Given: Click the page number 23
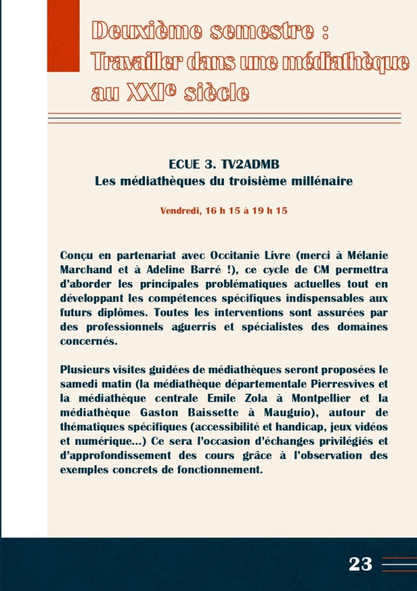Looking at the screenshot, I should tap(361, 564).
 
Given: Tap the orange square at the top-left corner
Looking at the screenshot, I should tap(64, 35).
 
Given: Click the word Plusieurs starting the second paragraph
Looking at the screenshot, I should tap(86, 370).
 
